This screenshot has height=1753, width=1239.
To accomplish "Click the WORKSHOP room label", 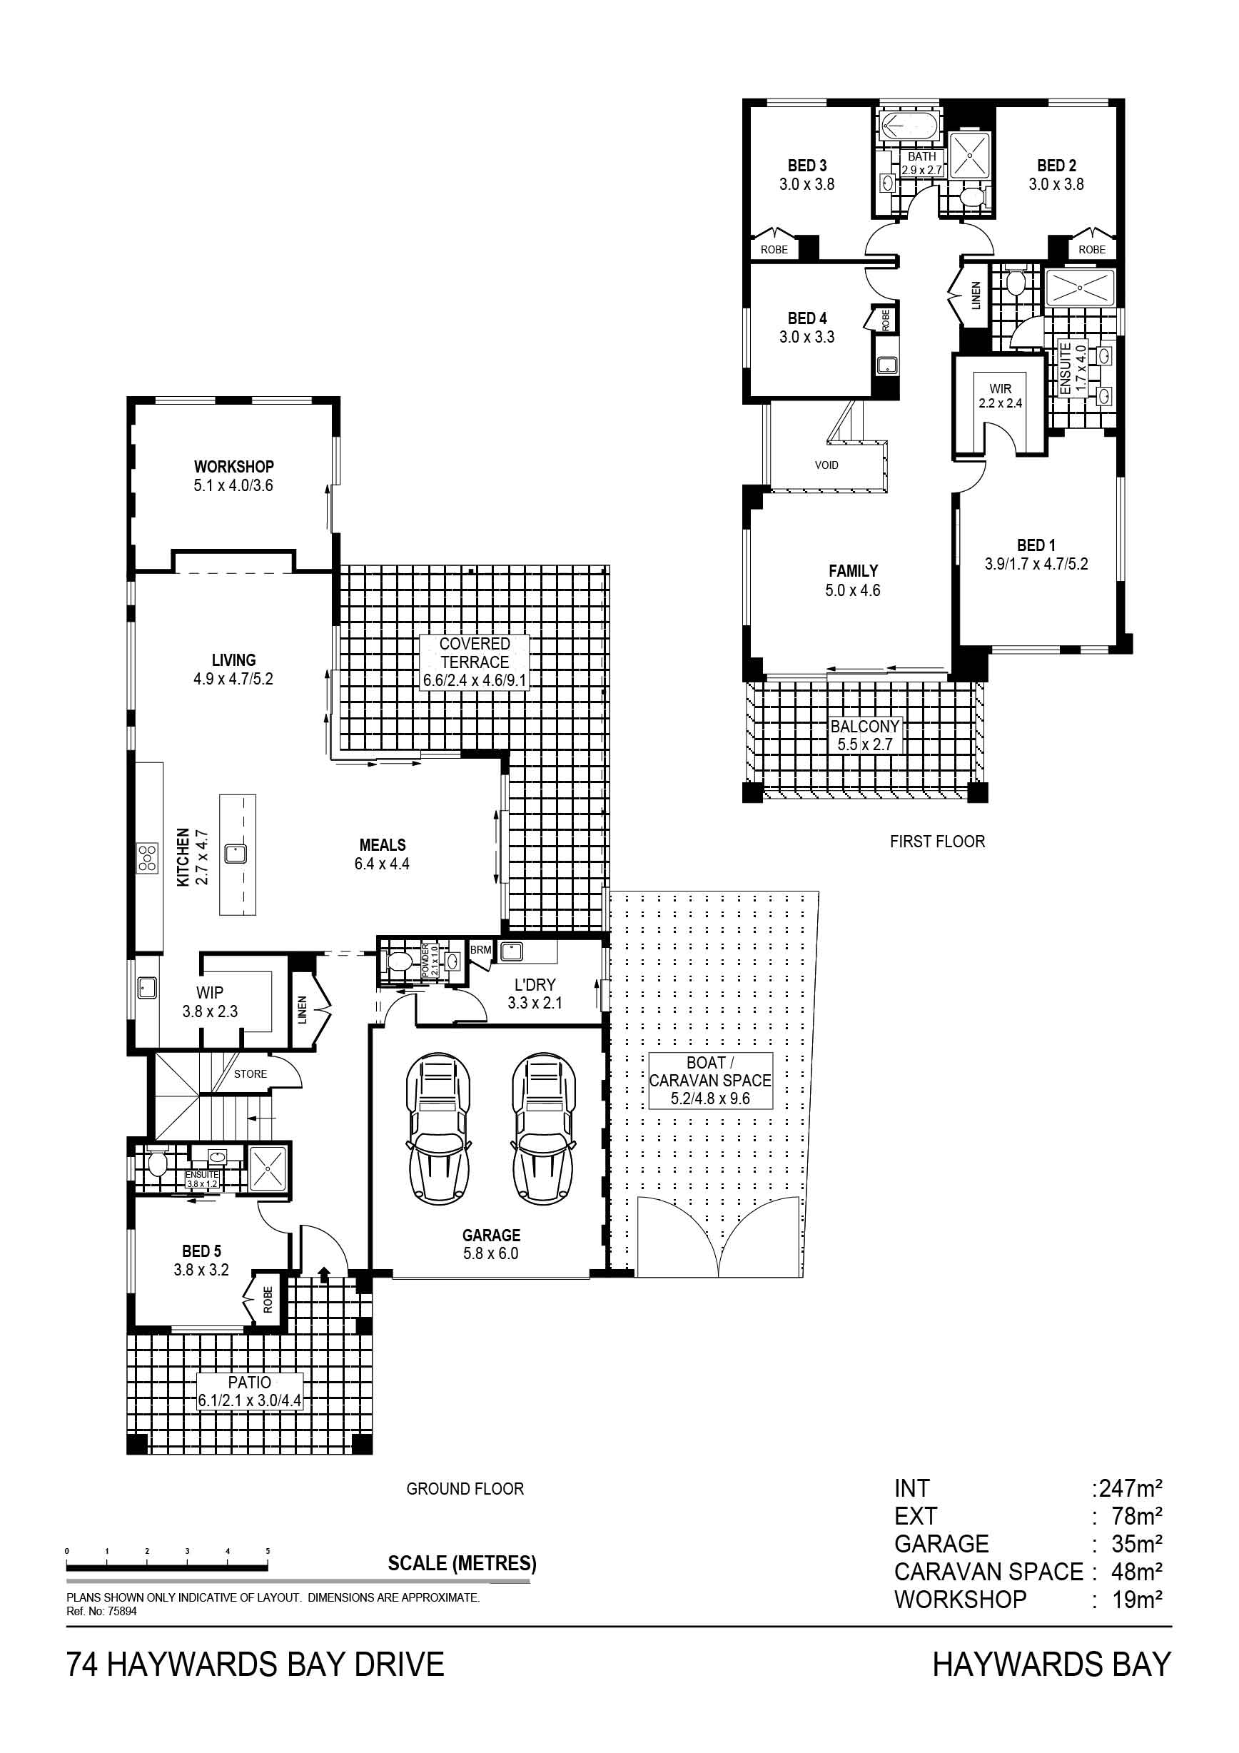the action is [233, 466].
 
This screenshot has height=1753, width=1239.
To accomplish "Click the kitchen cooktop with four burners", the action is [147, 858].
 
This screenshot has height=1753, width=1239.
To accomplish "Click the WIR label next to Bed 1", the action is [1000, 388].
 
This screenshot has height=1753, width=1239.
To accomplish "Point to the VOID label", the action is [826, 465].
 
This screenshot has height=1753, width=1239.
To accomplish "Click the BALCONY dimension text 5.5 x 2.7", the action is [865, 744].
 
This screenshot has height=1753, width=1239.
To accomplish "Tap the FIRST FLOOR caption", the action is [937, 842].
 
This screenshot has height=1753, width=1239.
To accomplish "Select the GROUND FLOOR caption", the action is [465, 1489].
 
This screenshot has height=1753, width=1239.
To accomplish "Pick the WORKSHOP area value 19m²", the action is [1138, 1599].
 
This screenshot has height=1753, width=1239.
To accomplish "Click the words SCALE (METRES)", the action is [462, 1564].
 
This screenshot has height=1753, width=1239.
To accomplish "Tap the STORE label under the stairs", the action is [251, 1073].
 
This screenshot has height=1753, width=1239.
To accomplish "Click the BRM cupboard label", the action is [481, 950].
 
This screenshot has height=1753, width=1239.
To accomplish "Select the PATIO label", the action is [250, 1382].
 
